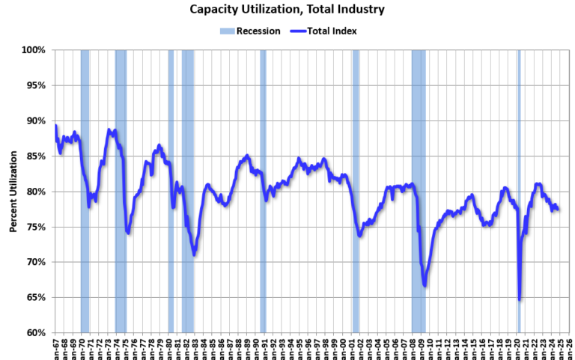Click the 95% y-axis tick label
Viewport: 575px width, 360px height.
coord(36,85)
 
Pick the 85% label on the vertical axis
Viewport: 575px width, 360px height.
coord(36,156)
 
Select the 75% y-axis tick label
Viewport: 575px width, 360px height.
coord(36,227)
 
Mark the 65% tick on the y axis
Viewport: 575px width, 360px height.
coord(36,297)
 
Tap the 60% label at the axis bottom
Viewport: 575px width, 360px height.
coord(36,332)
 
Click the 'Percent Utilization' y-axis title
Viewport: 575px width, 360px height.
coord(13,191)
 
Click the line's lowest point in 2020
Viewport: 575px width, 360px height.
coord(520,299)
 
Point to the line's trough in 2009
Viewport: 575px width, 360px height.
coord(425,285)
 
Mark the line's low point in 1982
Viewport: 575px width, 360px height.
coord(195,254)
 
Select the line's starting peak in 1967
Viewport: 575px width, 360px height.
coord(56,126)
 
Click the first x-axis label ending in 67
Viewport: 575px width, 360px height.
coord(56,347)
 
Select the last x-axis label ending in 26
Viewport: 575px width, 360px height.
coord(570,347)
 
